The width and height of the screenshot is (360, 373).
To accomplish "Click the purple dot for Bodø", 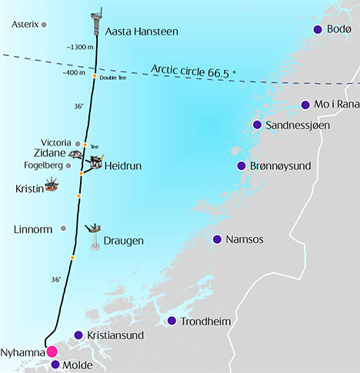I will pos(318,29).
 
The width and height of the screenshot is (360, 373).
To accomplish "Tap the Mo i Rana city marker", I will pos(305,105).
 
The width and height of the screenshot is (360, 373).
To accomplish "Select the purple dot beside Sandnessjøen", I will pos(258,125).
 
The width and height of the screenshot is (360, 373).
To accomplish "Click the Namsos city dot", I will pos(218,239).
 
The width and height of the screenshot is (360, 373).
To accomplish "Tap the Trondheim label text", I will pos(205,321).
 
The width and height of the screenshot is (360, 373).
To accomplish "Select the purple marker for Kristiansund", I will pos(78,335).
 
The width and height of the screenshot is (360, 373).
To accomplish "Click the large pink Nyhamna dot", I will pos(52,351).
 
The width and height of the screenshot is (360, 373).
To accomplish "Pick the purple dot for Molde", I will pos(55,365).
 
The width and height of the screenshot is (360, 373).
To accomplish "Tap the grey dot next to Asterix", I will pos(44,25).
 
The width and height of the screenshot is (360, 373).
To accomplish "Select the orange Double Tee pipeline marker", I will pos(95,76).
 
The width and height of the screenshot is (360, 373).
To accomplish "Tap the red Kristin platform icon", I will pos(52,185).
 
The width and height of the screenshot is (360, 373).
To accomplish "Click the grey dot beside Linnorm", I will pos(63,228).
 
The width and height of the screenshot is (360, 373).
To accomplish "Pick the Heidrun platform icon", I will pos(96,162).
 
